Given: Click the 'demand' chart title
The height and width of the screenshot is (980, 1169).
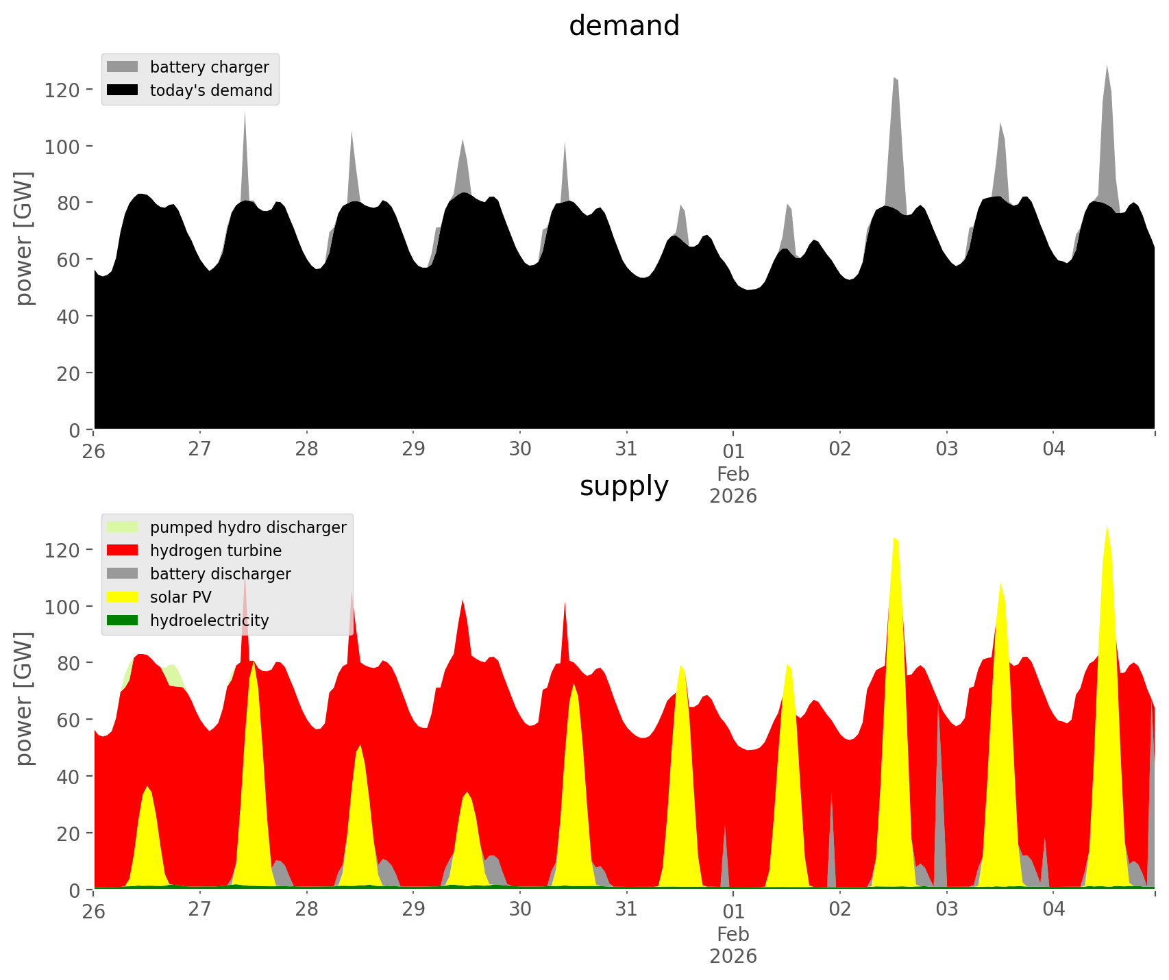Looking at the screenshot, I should [x=624, y=26].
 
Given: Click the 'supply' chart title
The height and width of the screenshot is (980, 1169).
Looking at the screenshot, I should [x=624, y=486].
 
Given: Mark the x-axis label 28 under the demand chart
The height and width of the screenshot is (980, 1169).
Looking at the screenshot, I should [x=307, y=449].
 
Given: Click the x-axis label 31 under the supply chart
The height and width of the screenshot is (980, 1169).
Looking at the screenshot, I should [x=626, y=909].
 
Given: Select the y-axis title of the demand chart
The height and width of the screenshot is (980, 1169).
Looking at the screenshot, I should [x=23, y=238].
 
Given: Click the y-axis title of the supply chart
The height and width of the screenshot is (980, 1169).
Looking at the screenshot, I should [x=23, y=699].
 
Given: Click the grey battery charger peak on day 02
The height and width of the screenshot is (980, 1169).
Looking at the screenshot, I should [x=895, y=82].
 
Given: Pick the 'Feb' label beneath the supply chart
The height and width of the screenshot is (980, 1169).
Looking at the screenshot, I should [x=733, y=934].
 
